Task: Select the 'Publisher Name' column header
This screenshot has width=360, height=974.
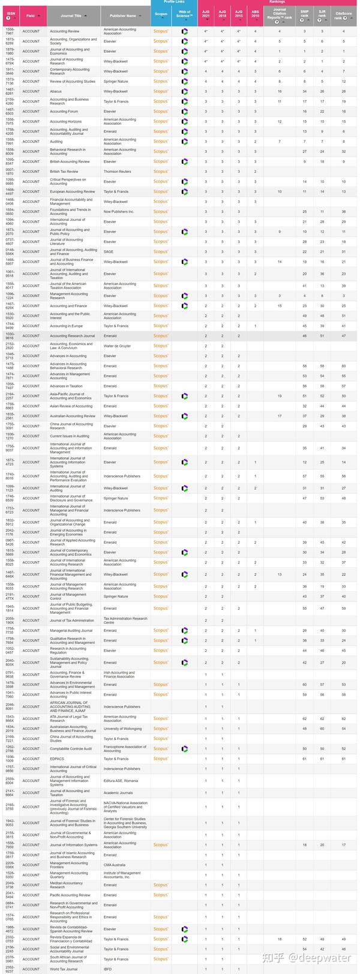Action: tap(122, 16)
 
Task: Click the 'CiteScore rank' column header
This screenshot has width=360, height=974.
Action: tap(344, 16)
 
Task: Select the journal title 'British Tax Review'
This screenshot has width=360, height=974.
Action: tap(64, 172)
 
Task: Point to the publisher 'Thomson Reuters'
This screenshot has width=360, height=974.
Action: tap(117, 172)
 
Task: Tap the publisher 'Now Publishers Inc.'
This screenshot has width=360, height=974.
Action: tap(119, 212)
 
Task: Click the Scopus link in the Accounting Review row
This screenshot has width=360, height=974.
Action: tap(161, 31)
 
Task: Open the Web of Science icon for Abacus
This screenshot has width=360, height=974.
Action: tap(185, 91)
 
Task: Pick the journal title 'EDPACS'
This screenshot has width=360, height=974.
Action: tap(56, 759)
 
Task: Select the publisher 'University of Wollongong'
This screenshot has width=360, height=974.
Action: tap(122, 729)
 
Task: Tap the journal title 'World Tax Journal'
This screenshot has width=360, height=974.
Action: tap(64, 969)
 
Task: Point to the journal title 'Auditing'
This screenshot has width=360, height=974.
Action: tap(56, 142)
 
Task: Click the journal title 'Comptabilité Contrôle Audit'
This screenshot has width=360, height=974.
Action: tap(71, 749)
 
